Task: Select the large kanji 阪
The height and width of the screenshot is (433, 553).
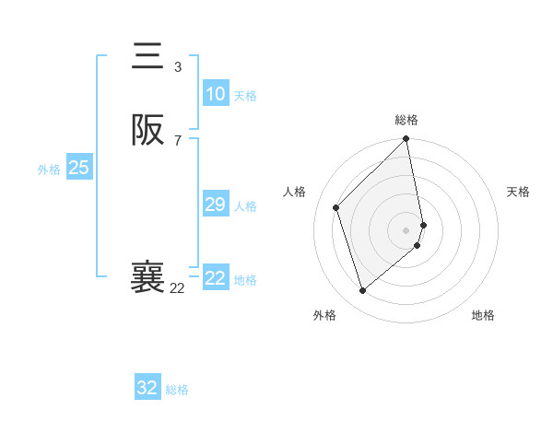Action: click(x=148, y=131)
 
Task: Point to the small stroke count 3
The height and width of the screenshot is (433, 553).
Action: click(x=178, y=67)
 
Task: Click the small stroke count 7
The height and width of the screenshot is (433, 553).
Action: click(x=178, y=141)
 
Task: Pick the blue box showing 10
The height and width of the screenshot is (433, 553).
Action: click(x=215, y=94)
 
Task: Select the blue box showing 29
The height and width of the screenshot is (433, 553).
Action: click(x=215, y=205)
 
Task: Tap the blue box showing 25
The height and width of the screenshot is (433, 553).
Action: click(x=79, y=168)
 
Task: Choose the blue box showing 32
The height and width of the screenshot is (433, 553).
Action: click(x=147, y=388)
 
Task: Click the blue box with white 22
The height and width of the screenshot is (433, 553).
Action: click(x=215, y=278)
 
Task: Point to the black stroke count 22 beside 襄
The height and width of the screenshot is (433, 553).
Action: click(x=177, y=288)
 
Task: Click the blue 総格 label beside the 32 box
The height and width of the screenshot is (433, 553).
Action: click(x=177, y=390)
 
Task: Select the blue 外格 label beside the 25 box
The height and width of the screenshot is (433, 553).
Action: click(x=49, y=170)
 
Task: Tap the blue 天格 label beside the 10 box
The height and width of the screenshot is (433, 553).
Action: click(x=245, y=96)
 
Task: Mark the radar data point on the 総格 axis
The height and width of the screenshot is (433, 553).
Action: click(x=406, y=140)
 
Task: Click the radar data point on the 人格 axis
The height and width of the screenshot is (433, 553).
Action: click(x=336, y=207)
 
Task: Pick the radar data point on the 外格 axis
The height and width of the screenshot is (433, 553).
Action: click(x=363, y=291)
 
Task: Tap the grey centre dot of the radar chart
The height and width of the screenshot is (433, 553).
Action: click(x=406, y=229)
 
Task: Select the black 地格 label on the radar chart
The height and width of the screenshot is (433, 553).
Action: click(x=483, y=316)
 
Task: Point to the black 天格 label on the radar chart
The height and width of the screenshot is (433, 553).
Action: click(x=518, y=192)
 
